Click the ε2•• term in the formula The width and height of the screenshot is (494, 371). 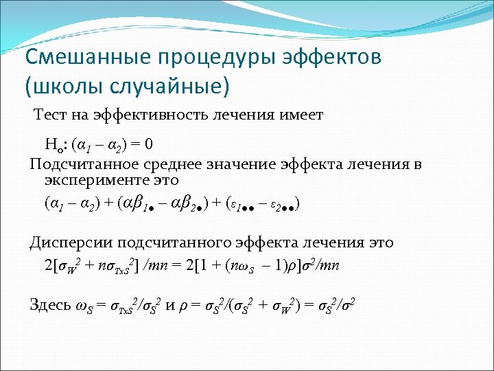pos(281,204)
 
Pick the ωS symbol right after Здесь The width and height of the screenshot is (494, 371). pos(82,306)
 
